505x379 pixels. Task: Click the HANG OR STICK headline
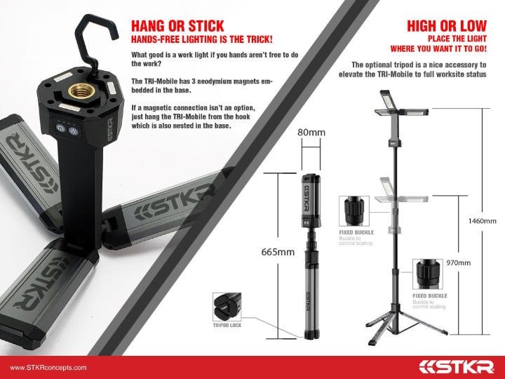pyautogui.click(x=177, y=26)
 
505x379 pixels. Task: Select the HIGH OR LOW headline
pyautogui.click(x=447, y=26)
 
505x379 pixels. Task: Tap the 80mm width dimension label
pyautogui.click(x=311, y=133)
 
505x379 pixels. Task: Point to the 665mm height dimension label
pyautogui.click(x=278, y=252)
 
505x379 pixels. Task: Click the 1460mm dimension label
pyautogui.click(x=482, y=221)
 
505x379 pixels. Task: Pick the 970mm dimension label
pyautogui.click(x=458, y=262)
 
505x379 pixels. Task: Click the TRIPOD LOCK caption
pyautogui.click(x=227, y=325)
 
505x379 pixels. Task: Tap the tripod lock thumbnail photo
pyautogui.click(x=227, y=307)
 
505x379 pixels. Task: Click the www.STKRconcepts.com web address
pyautogui.click(x=48, y=368)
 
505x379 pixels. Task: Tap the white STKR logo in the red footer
pyautogui.click(x=457, y=367)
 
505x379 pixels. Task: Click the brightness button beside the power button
pyautogui.click(x=74, y=131)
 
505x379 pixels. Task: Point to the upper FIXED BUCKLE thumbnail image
pyautogui.click(x=354, y=211)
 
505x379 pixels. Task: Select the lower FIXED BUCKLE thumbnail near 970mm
pyautogui.click(x=428, y=274)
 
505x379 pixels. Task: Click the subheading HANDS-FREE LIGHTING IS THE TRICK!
pyautogui.click(x=201, y=39)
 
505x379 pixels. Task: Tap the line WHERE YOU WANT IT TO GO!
pyautogui.click(x=438, y=49)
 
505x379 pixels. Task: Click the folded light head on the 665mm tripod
pyautogui.click(x=311, y=201)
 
